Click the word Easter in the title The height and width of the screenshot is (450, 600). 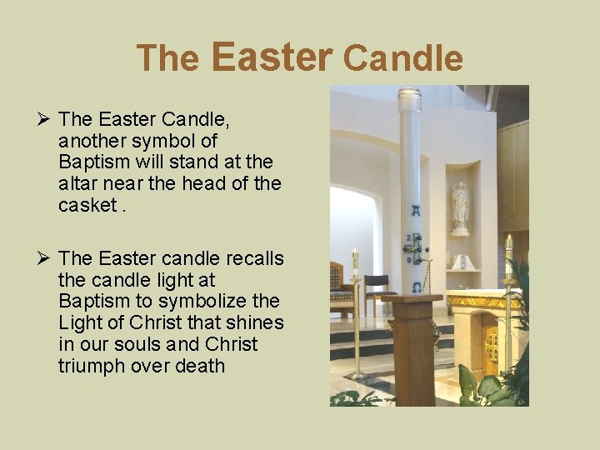tap(272, 56)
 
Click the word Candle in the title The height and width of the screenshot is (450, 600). tap(402, 58)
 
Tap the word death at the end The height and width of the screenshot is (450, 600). tap(200, 366)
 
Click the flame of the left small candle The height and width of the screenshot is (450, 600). tap(355, 252)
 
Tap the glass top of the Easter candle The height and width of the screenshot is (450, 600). tap(409, 99)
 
